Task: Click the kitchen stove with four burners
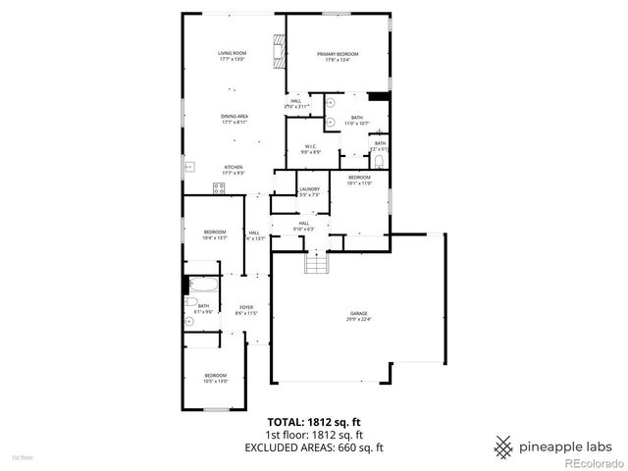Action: (218, 187)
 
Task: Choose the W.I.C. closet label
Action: (309, 149)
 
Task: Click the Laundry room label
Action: (310, 191)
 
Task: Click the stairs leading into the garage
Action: (316, 263)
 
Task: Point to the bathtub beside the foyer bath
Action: (203, 287)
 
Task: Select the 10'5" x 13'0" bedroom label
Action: (215, 378)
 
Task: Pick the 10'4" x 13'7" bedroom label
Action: (215, 235)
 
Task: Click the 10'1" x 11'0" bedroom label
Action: (358, 181)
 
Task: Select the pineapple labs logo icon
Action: (503, 445)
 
